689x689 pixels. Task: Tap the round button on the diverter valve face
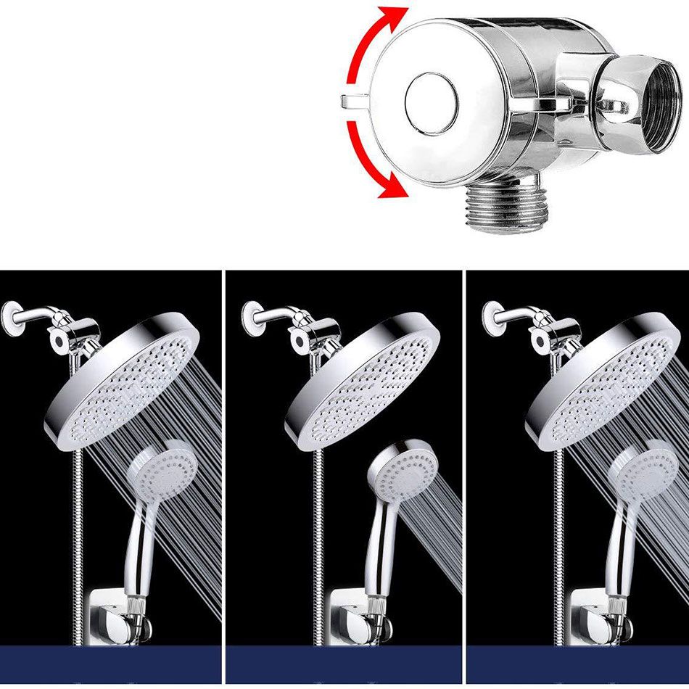431,102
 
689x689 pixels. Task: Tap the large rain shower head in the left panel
123,381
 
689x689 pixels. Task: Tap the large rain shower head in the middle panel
363,381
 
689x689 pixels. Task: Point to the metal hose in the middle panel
316,522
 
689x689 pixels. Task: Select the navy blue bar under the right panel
577,664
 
